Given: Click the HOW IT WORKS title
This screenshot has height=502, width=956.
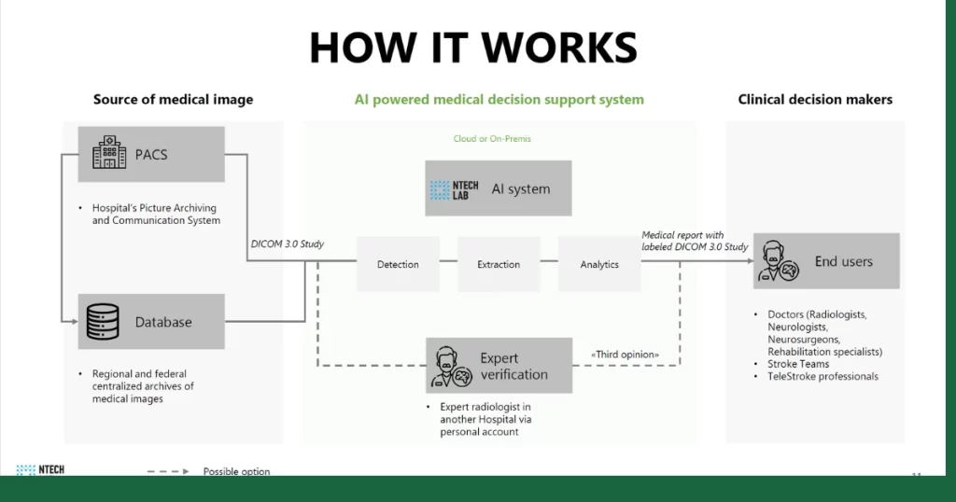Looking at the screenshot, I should [x=473, y=48].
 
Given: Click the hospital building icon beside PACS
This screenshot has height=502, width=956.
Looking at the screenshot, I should [x=109, y=154].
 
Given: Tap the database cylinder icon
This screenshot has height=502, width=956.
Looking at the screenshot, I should [x=103, y=322].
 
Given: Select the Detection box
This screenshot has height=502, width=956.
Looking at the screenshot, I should [x=398, y=264].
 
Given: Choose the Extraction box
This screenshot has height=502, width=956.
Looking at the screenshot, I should [x=499, y=264].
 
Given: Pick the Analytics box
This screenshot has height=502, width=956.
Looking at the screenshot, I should [x=599, y=264].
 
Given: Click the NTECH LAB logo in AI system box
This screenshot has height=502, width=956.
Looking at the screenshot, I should [x=455, y=189].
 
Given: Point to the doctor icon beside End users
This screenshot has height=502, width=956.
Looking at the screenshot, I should [x=778, y=261].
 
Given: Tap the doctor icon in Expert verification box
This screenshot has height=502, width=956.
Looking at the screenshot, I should [x=452, y=366].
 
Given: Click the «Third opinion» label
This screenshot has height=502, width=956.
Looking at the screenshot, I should [x=625, y=355].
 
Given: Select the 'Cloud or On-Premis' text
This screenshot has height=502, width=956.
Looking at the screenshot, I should [x=492, y=139].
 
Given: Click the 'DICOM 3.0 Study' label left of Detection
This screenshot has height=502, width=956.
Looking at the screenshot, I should [x=288, y=244].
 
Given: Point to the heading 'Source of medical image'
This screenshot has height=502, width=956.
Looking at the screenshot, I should [x=173, y=100].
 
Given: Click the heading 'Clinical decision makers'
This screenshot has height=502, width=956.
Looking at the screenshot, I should [x=815, y=100].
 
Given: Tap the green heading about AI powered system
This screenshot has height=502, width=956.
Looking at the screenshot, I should [x=499, y=100].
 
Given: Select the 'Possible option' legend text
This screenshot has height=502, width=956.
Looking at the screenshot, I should [x=236, y=471].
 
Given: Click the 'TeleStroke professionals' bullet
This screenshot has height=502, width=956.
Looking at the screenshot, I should [x=822, y=376].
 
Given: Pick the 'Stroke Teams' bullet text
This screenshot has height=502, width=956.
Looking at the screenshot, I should [x=798, y=364].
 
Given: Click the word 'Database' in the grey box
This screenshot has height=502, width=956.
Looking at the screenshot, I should [x=163, y=322].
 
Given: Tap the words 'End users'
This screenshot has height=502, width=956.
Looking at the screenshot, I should [x=843, y=261].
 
